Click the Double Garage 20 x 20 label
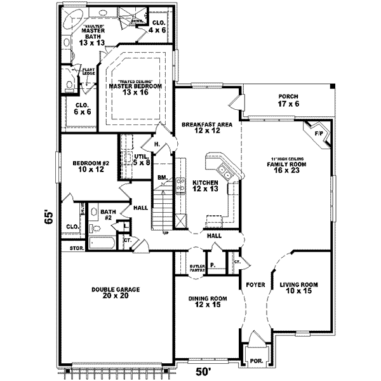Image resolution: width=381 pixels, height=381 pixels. [x=116, y=293]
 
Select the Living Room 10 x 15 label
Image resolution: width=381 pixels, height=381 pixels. [x=298, y=288]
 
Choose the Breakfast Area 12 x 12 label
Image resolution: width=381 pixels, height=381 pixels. [x=204, y=128]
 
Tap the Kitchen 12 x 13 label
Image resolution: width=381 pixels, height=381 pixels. [x=206, y=185]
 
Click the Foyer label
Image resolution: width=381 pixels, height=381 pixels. [x=255, y=285]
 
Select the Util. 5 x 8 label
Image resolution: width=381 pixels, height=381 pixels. [x=142, y=160]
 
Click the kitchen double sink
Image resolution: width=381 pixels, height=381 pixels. [x=224, y=170]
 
